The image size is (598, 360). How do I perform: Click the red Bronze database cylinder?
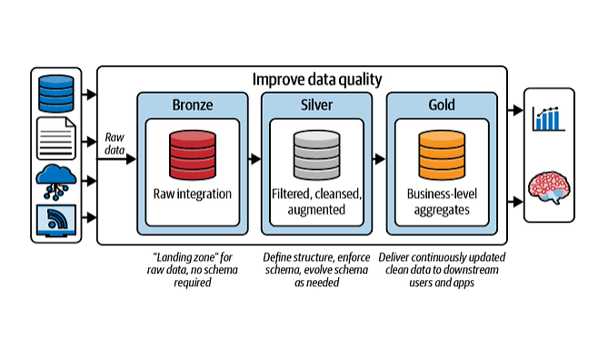[x=193, y=155]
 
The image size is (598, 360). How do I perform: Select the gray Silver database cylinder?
[x=316, y=155]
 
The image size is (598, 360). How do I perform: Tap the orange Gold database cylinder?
[x=442, y=155]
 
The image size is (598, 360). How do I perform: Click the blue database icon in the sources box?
[x=56, y=94]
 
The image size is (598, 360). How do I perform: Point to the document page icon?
[x=56, y=138]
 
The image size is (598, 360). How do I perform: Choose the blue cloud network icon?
[x=56, y=182]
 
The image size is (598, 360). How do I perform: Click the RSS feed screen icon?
[x=56, y=220]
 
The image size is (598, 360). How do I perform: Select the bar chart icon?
[x=548, y=118]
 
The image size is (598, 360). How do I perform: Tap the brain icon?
[x=549, y=187]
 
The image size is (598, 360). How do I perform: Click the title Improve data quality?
[x=317, y=80]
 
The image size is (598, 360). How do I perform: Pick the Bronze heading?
[x=193, y=105]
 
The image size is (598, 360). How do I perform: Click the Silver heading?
[x=316, y=105]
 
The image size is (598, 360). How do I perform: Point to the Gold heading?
[x=442, y=105]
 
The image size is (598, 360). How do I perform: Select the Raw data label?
[x=115, y=144]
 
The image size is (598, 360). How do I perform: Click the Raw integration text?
[x=193, y=195]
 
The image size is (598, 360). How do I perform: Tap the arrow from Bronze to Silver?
[x=254, y=159]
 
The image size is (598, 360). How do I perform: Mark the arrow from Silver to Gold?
[x=379, y=159]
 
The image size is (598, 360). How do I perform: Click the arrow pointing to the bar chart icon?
[x=515, y=110]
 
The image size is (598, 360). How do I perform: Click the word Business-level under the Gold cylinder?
[x=442, y=195]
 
